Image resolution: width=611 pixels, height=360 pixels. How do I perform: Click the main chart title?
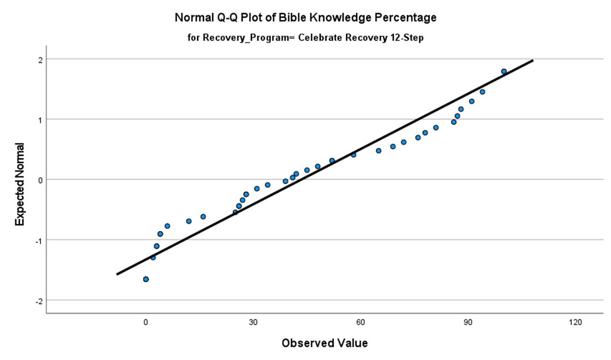pyautogui.click(x=305, y=18)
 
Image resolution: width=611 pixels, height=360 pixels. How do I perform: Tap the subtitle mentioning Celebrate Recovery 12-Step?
pyautogui.click(x=305, y=38)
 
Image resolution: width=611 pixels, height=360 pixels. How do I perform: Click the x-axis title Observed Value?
pyautogui.click(x=324, y=343)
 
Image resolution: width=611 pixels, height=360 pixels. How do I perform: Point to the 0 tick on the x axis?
pyautogui.click(x=146, y=322)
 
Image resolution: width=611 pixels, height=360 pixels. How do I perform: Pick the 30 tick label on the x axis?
pyautogui.click(x=253, y=322)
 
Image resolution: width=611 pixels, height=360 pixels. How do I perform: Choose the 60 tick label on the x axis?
pyautogui.click(x=361, y=322)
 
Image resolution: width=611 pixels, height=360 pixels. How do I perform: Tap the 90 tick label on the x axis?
pyautogui.click(x=468, y=322)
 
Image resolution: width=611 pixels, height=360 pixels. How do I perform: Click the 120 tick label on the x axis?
pyautogui.click(x=575, y=322)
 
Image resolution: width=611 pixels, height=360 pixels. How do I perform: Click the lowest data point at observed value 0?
pyautogui.click(x=146, y=279)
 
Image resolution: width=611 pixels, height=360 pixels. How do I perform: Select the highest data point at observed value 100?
pyautogui.click(x=504, y=72)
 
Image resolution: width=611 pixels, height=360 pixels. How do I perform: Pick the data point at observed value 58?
pyautogui.click(x=354, y=155)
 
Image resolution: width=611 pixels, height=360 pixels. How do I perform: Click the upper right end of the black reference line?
pyautogui.click(x=532, y=60)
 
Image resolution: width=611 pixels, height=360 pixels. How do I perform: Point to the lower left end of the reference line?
pyautogui.click(x=117, y=274)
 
